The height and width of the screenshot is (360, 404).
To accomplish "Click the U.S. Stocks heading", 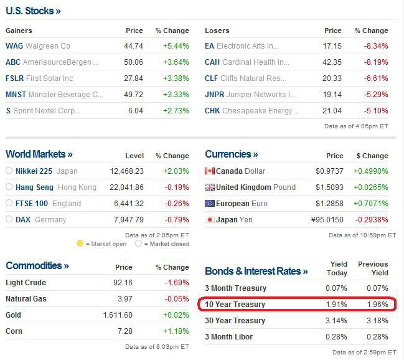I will coord(33,11).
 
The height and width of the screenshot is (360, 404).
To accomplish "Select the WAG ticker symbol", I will coord(14,46).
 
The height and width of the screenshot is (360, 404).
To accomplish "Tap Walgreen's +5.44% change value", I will coord(176,46).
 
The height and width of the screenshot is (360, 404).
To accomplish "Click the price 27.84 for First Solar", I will coord(134,78).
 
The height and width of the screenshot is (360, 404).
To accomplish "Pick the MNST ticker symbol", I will coord(16,95).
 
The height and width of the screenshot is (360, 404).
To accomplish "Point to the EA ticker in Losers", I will coord(209,46).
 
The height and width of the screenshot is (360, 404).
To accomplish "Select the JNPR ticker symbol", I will coord(215,95).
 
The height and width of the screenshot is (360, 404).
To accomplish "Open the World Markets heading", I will coord(39,154).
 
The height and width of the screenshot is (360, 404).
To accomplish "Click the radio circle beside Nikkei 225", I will coord(9,171).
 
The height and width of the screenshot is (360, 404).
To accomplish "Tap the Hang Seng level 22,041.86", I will coord(126,187).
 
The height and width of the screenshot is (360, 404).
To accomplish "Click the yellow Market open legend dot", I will coord(80,244).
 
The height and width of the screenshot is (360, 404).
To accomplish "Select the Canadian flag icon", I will coord(209,171).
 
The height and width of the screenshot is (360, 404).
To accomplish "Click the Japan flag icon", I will coord(209,220).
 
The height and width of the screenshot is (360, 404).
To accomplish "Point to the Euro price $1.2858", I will coord(330,203).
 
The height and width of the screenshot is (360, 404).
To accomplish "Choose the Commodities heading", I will coord(37,265).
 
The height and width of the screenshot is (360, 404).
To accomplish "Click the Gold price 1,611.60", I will coord(118,315).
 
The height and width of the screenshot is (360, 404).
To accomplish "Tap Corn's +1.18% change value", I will coord(176,331).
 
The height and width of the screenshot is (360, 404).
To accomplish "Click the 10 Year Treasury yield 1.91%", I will coord(336,305).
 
